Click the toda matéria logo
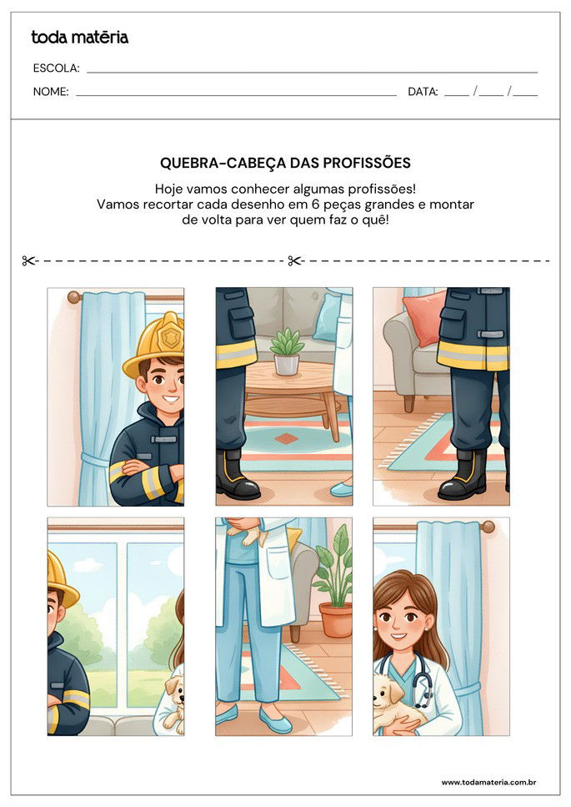pyautogui.click(x=79, y=38)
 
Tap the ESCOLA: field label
pyautogui.click(x=56, y=68)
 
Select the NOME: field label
pyautogui.click(x=51, y=92)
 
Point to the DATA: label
pyautogui.click(x=423, y=92)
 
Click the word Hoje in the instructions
pyautogui.click(x=171, y=189)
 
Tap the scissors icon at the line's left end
pyautogui.click(x=30, y=261)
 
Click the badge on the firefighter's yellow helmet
pyautogui.click(x=172, y=337)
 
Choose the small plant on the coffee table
pyautogui.click(x=287, y=351)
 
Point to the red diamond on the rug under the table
pyautogui.click(x=286, y=438)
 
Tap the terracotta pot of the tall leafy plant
pyautogui.click(x=336, y=620)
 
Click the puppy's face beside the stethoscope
pyautogui.click(x=388, y=689)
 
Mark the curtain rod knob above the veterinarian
pyautogui.click(x=488, y=527)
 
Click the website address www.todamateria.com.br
pyautogui.click(x=488, y=782)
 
